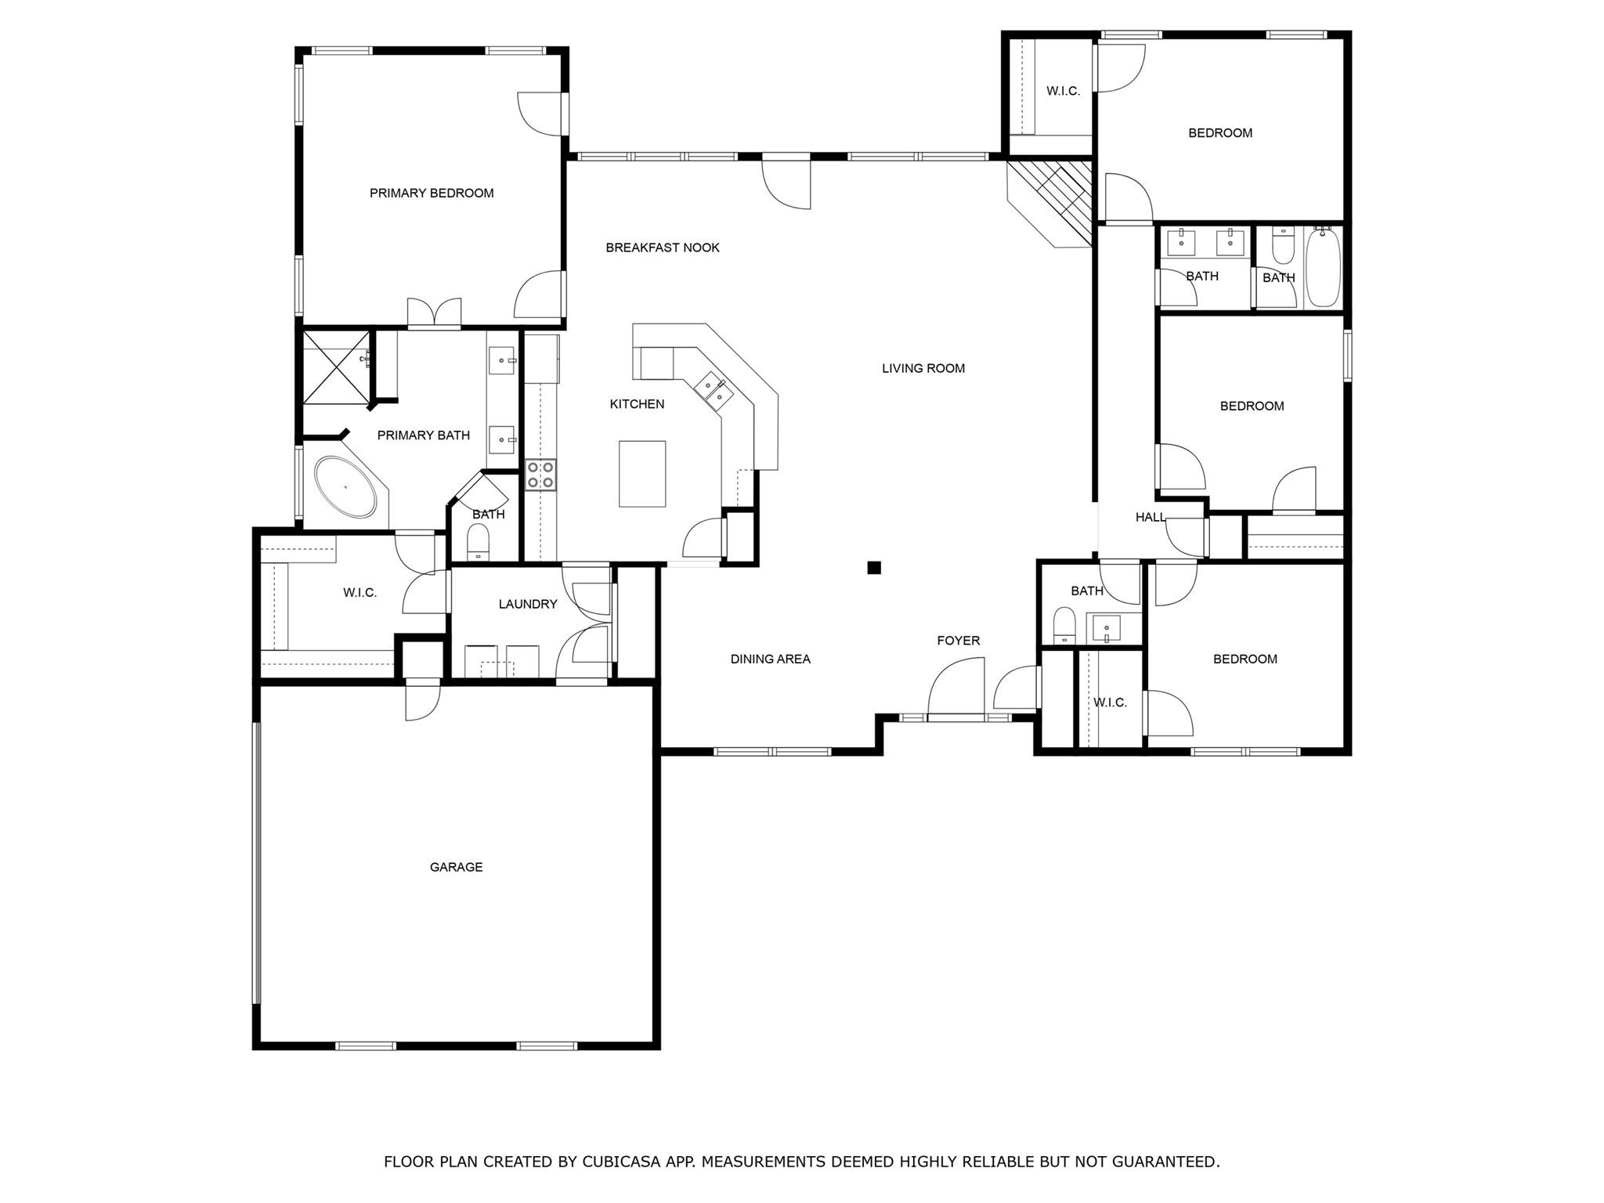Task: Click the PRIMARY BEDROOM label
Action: [x=432, y=193]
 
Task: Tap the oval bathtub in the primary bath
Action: [x=345, y=486]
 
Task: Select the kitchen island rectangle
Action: [x=642, y=474]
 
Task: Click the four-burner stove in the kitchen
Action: [x=540, y=475]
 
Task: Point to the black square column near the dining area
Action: [x=874, y=568]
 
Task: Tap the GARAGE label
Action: [x=456, y=867]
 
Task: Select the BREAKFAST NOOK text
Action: [x=663, y=247]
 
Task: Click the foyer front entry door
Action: [x=956, y=689]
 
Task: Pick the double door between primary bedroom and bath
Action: [x=434, y=312]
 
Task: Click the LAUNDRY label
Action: [x=528, y=604]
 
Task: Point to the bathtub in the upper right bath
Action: [x=1323, y=267]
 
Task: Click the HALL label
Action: [x=1151, y=517]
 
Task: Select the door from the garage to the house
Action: [x=423, y=699]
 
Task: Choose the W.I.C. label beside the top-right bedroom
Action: [x=1063, y=91]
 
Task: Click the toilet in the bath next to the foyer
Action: [x=1064, y=625]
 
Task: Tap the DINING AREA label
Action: [x=770, y=659]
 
